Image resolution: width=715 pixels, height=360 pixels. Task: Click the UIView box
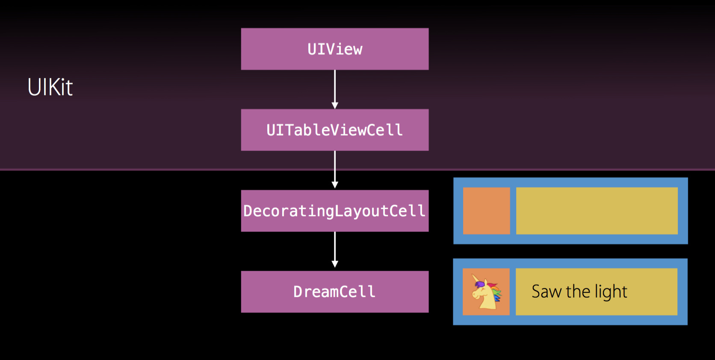click(335, 49)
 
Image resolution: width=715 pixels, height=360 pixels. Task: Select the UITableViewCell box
click(335, 130)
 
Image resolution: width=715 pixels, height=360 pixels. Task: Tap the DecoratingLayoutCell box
click(335, 211)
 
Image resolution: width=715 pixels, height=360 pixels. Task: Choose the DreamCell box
click(335, 292)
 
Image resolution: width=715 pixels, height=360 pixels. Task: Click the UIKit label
click(50, 87)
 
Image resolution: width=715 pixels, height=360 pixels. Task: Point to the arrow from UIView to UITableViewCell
click(335, 88)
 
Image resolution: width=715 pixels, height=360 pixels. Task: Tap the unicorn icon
click(486, 292)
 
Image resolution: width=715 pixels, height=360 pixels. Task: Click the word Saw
click(546, 292)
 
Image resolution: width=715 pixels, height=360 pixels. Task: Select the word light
click(611, 292)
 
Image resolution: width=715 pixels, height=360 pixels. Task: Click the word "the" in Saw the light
click(578, 292)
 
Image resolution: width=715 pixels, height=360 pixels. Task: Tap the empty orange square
click(487, 211)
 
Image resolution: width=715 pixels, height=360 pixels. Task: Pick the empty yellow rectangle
click(597, 211)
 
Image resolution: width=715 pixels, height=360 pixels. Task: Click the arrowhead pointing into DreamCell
click(335, 264)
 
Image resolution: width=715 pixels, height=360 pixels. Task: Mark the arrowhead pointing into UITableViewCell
click(335, 106)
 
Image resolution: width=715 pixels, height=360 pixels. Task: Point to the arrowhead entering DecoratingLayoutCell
click(335, 185)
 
